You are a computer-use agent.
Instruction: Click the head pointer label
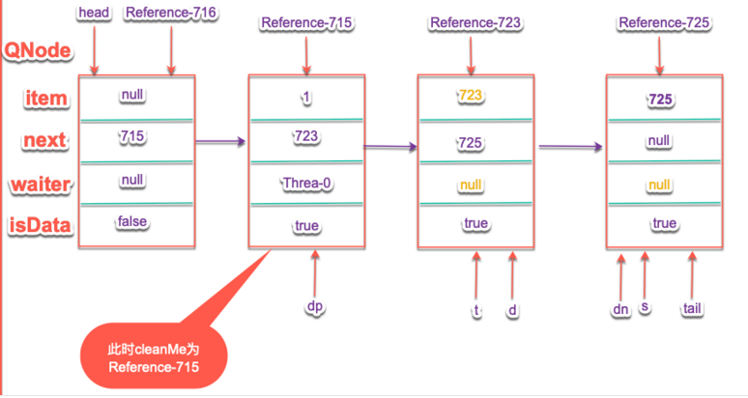[93, 13]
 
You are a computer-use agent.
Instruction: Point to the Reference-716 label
[170, 13]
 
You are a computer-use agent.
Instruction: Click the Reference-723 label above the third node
[470, 21]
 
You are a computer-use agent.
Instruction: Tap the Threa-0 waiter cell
[306, 182]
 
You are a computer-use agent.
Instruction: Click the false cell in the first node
[132, 222]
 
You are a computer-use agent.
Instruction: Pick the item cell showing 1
[306, 97]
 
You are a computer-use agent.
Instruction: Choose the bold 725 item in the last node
[661, 98]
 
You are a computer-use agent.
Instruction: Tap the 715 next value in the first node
[132, 137]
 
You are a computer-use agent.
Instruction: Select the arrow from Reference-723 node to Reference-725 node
[571, 147]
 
